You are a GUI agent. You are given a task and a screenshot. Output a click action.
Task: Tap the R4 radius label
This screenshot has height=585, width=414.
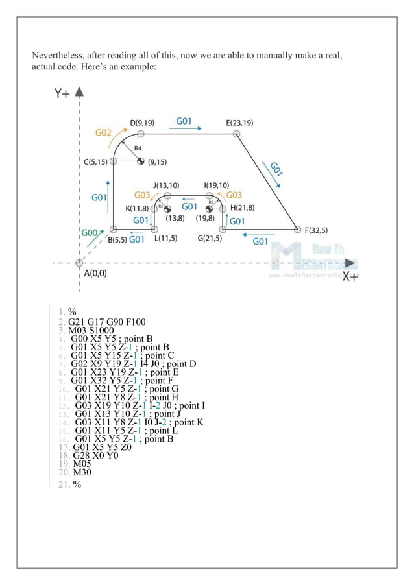pos(138,148)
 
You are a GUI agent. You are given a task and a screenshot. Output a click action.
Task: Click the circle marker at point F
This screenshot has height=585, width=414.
pos(299,229)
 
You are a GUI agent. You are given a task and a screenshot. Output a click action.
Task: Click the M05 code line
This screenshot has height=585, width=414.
pos(83,464)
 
